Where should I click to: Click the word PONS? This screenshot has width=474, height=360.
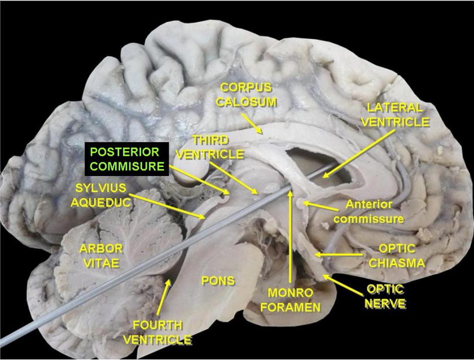[x=218, y=280]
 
